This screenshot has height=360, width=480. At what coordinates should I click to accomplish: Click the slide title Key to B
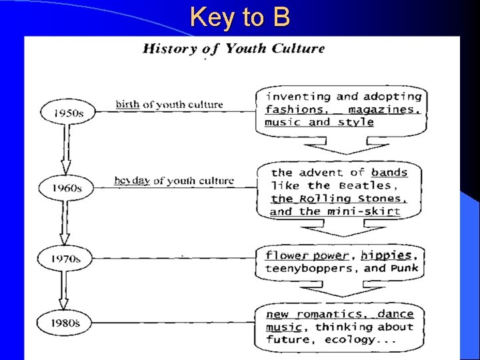[239, 17]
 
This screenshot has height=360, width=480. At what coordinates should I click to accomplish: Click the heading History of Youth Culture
[234, 49]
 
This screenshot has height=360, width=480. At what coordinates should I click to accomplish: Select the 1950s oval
[67, 112]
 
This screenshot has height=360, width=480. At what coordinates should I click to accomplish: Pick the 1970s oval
[66, 257]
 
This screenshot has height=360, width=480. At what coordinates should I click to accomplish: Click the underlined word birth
[127, 105]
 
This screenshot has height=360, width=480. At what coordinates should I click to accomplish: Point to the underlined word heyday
[132, 181]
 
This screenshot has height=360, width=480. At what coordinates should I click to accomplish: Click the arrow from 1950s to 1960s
[65, 150]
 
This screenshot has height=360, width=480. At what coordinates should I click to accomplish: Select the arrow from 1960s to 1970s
[65, 223]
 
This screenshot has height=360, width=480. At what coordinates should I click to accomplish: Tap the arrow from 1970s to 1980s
[64, 290]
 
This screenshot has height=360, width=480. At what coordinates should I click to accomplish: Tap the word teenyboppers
[309, 269]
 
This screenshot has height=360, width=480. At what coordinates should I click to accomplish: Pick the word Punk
[403, 268]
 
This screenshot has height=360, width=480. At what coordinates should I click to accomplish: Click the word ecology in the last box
[350, 339]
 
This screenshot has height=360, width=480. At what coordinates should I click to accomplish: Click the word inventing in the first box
[297, 97]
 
